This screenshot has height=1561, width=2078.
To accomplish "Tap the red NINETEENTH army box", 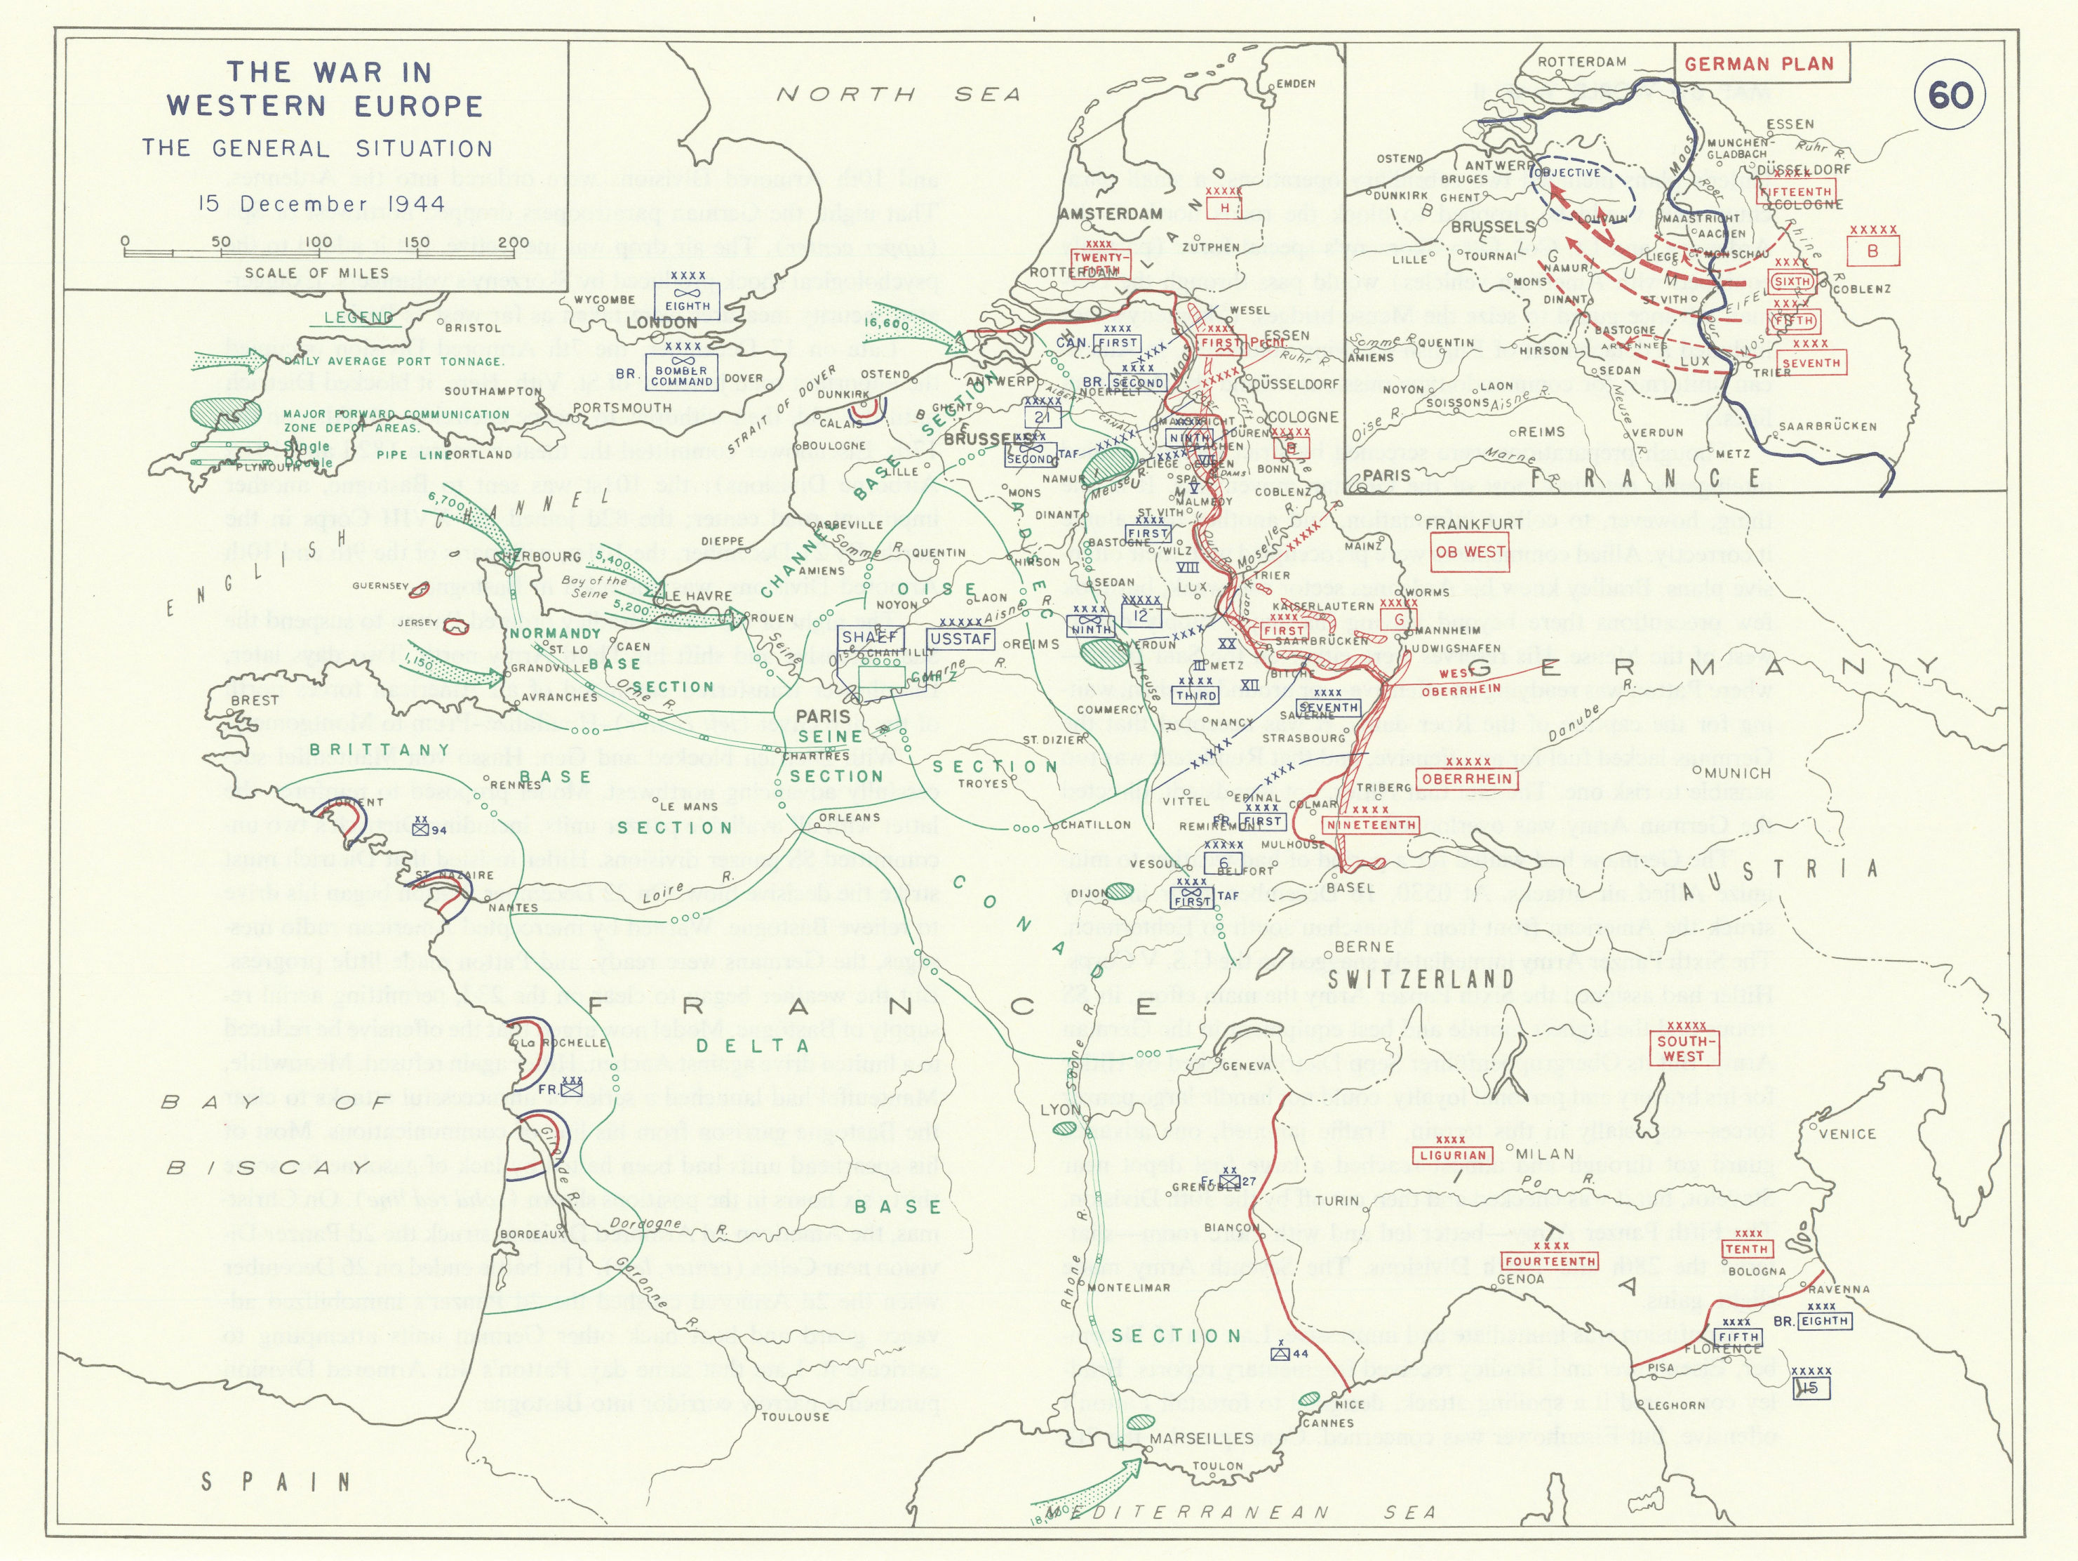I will pyautogui.click(x=1372, y=824).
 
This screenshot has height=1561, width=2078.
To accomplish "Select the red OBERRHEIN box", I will pyautogui.click(x=1466, y=778).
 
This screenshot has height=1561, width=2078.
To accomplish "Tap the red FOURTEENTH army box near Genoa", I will pyautogui.click(x=1549, y=1261).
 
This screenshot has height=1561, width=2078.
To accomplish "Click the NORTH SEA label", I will pyautogui.click(x=897, y=93).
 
